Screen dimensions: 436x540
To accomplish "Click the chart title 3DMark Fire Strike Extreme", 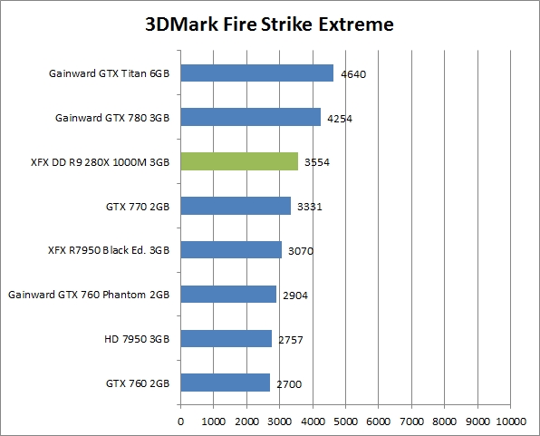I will pyautogui.click(x=269, y=24).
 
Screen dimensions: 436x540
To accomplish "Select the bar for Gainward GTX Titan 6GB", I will pyautogui.click(x=257, y=73).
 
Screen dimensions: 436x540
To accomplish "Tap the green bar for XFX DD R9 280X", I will pyautogui.click(x=239, y=161).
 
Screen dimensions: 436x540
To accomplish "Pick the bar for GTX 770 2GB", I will pyautogui.click(x=236, y=206).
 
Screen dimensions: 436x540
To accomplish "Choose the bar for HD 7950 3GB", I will pyautogui.click(x=227, y=338).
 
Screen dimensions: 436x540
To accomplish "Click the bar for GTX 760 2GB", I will pyautogui.click(x=226, y=383).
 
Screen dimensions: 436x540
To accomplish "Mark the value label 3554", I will pyautogui.click(x=317, y=162).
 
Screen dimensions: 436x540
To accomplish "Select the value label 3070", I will pyautogui.click(x=301, y=251).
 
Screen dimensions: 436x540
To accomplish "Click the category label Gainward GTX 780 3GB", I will pyautogui.click(x=114, y=118).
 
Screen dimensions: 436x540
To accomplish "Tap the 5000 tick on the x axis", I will pyautogui.click(x=346, y=421).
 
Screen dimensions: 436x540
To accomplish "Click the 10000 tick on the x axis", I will pyautogui.click(x=509, y=421).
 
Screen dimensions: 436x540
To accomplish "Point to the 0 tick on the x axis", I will pyautogui.click(x=180, y=421).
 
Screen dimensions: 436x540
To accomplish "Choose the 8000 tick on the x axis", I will pyautogui.click(x=445, y=421).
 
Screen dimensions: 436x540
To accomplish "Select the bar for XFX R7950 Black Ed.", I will pyautogui.click(x=231, y=249).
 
